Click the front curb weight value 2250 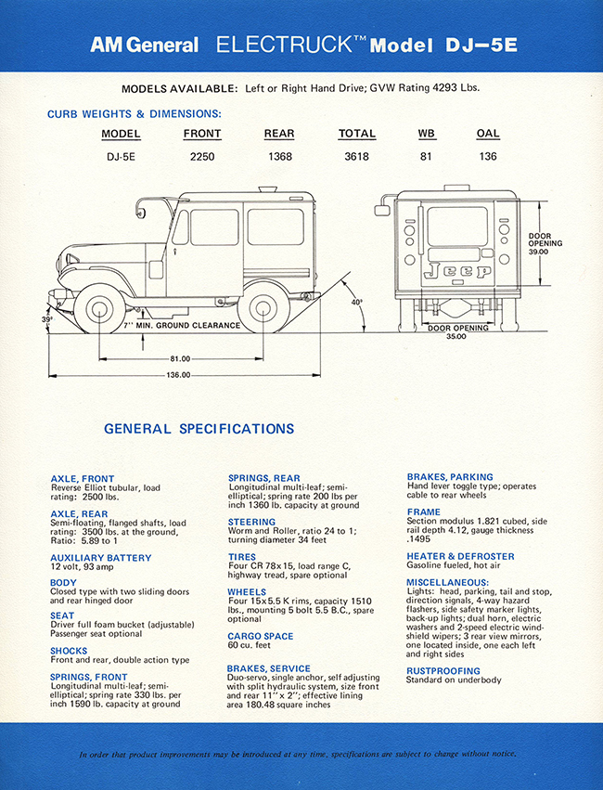pyautogui.click(x=202, y=157)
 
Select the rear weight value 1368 pyautogui.click(x=279, y=157)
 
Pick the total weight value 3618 pyautogui.click(x=356, y=157)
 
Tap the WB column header pyautogui.click(x=426, y=134)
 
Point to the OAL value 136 pyautogui.click(x=488, y=157)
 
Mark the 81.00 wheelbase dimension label pyautogui.click(x=180, y=358)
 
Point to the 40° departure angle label pyautogui.click(x=358, y=302)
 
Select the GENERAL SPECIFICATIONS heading pyautogui.click(x=199, y=429)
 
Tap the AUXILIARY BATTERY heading pyautogui.click(x=100, y=558)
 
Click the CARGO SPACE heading pyautogui.click(x=260, y=636)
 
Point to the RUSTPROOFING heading pyautogui.click(x=443, y=670)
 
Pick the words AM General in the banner pyautogui.click(x=144, y=45)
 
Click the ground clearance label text pyautogui.click(x=181, y=326)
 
